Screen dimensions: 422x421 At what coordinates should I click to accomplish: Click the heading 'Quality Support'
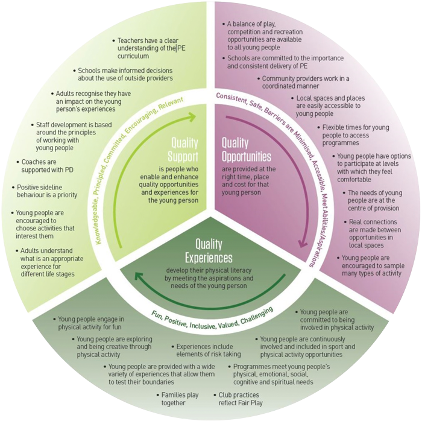pyautogui.click(x=183, y=150)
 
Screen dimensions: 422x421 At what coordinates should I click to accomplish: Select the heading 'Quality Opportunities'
pyautogui.click(x=246, y=150)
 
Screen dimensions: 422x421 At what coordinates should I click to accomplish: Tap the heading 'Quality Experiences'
pyautogui.click(x=209, y=251)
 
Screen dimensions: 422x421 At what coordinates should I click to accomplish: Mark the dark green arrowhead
pyautogui.click(x=139, y=277)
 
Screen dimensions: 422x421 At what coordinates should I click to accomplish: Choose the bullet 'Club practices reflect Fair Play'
pyautogui.click(x=238, y=399)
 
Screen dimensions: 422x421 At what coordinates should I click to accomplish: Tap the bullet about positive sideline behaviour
pyautogui.click(x=45, y=191)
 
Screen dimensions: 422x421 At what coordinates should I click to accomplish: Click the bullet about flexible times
pyautogui.click(x=353, y=135)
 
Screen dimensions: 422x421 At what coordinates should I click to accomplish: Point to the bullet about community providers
pyautogui.click(x=304, y=82)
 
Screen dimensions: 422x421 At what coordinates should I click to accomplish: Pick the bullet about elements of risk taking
pyautogui.click(x=206, y=350)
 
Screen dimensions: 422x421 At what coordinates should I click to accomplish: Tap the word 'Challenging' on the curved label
pyautogui.click(x=257, y=315)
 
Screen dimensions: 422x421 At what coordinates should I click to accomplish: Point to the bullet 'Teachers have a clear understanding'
pyautogui.click(x=150, y=48)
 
